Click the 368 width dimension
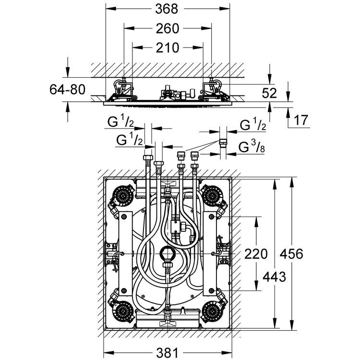click(167, 9)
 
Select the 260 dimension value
click(167, 29)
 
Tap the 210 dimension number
click(167, 48)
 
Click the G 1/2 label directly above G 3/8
click(252, 126)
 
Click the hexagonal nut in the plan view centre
click(167, 253)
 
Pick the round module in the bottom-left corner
click(123, 312)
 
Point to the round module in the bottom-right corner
click(211, 312)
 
